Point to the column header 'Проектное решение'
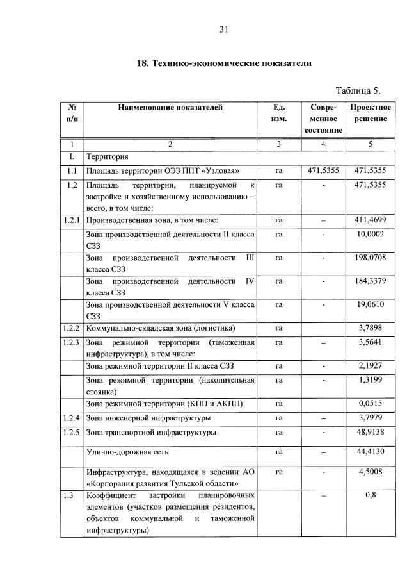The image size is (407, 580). [371, 113]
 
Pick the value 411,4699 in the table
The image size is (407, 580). [371, 220]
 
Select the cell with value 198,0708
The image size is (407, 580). [371, 257]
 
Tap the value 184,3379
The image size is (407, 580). [371, 281]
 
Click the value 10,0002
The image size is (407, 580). [371, 235]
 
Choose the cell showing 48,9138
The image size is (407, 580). [371, 432]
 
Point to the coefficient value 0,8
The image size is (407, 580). [371, 495]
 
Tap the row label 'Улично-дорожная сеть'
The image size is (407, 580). [126, 452]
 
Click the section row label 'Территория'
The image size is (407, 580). [107, 156]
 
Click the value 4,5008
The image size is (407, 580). [371, 472]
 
